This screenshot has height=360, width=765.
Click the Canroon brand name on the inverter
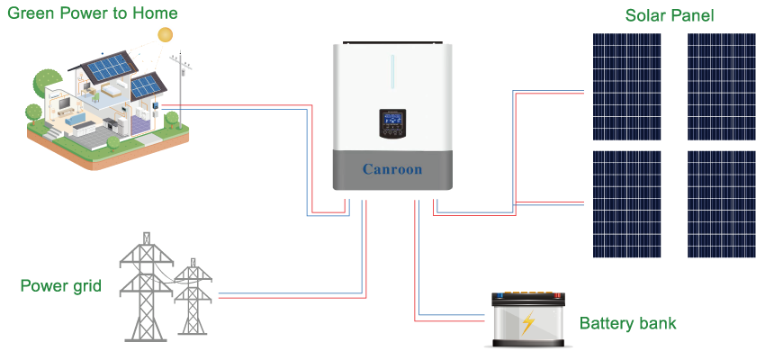[391, 169]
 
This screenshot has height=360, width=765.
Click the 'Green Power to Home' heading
[92, 13]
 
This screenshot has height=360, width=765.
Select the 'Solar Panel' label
[670, 15]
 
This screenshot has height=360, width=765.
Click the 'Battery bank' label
[627, 323]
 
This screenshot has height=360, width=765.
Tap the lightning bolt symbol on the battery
[528, 322]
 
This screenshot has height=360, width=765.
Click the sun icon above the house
[165, 34]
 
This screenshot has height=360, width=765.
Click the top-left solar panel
[626, 86]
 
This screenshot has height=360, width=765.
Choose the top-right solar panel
[722, 86]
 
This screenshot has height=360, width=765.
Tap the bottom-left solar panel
[626, 204]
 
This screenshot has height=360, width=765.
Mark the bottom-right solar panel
[722, 204]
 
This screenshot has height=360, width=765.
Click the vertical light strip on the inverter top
[392, 71]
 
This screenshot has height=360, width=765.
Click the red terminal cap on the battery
[557, 295]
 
